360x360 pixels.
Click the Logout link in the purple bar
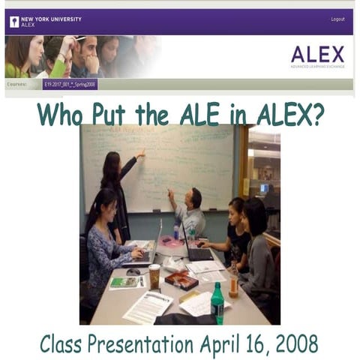[x=337, y=19]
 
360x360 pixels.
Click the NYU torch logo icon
[x=14, y=22]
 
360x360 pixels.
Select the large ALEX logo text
[x=317, y=54]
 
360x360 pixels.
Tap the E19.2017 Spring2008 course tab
[x=70, y=85]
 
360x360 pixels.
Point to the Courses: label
[x=17, y=85]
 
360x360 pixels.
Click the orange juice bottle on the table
[x=234, y=280]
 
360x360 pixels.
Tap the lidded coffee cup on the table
[x=154, y=276]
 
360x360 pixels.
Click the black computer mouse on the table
[x=133, y=271]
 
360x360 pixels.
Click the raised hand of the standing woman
[x=141, y=154]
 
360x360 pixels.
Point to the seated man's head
[x=195, y=198]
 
